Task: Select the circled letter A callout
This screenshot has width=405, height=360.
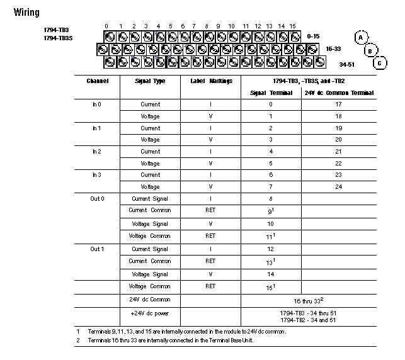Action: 360,37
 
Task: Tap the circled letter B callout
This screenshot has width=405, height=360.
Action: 370,50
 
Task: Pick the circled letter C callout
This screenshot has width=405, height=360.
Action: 380,63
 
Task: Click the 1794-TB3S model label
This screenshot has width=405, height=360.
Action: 57,38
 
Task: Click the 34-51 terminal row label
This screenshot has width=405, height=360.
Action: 347,64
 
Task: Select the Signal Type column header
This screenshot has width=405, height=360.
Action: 150,81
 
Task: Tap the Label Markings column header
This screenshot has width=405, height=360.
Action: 211,81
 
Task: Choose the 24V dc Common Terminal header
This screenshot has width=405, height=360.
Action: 339,93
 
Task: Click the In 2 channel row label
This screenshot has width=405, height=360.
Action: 96,152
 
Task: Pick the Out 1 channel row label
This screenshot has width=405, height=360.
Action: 97,249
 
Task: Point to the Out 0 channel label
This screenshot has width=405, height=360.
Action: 97,199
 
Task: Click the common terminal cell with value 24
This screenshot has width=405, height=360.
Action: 338,187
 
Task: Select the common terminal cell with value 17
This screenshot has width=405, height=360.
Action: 338,104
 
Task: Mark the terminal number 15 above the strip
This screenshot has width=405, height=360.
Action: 292,26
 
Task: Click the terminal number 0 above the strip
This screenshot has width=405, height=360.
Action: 107,26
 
